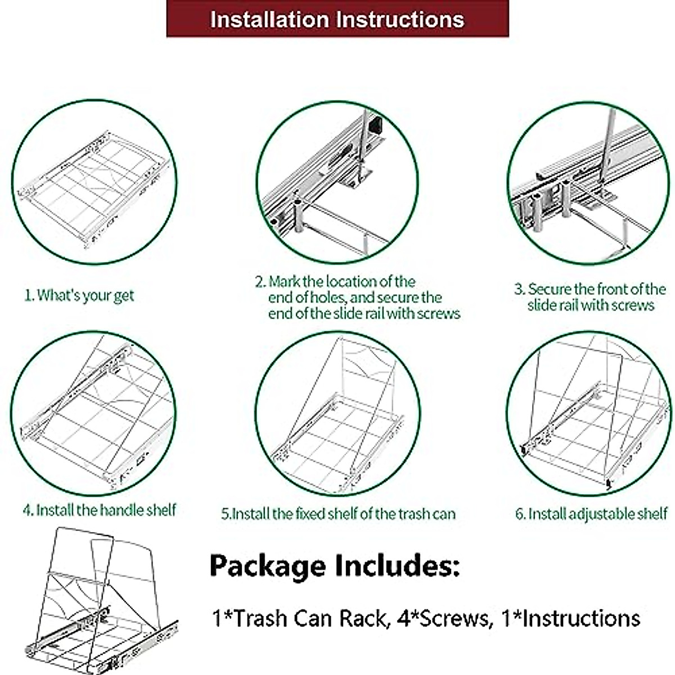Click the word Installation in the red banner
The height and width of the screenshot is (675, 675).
point(269,20)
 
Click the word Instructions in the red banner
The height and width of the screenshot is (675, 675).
point(400,20)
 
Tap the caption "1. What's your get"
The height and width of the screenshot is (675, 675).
point(79,295)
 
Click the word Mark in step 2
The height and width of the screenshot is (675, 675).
point(284,281)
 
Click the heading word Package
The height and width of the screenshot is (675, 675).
point(267,565)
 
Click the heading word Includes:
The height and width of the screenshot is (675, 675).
point(397,565)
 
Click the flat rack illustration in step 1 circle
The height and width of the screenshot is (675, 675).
point(94,183)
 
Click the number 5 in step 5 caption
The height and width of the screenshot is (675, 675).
point(225,514)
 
